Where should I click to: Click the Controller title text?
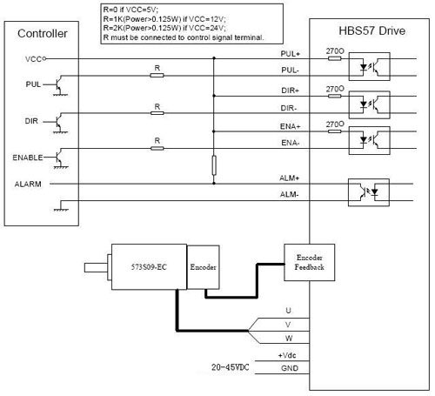(x=43, y=33)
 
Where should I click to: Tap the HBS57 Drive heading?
(x=372, y=30)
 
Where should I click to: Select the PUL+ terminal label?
(x=290, y=54)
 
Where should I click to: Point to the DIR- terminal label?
(x=289, y=108)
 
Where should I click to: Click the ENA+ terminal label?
(x=290, y=126)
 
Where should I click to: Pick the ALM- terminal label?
(x=289, y=194)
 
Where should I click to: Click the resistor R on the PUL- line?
(x=157, y=76)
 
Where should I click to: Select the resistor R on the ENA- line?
(x=157, y=148)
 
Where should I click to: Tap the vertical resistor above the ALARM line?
(x=214, y=165)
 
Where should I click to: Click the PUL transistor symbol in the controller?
(x=59, y=85)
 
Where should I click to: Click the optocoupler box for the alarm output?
(x=369, y=192)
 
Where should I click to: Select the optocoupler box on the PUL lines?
(x=369, y=66)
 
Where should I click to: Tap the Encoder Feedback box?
(x=310, y=262)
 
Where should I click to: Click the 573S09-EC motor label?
(x=149, y=267)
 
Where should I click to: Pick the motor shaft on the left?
(x=96, y=267)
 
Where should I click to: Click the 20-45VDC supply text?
(x=231, y=367)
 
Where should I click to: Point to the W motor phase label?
(x=289, y=339)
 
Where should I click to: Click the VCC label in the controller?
(x=33, y=59)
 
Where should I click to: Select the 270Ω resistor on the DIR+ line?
(x=334, y=96)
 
